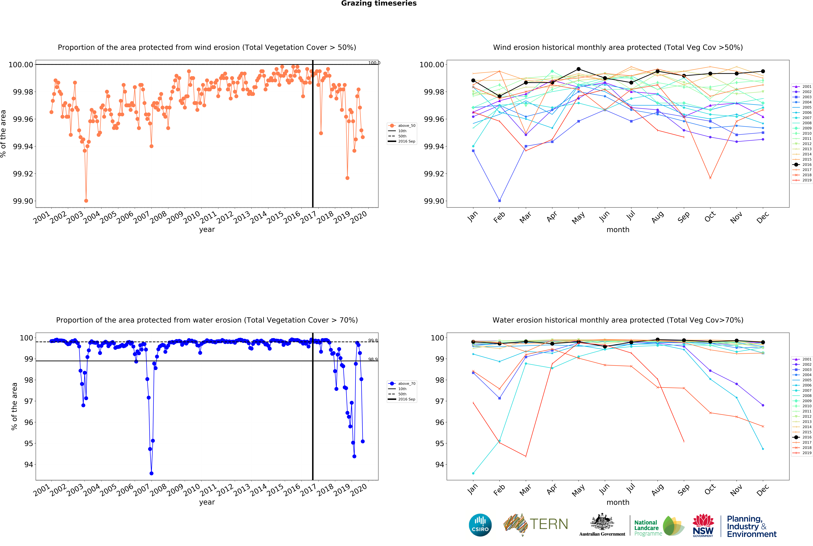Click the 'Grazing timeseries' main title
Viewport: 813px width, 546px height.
click(x=379, y=4)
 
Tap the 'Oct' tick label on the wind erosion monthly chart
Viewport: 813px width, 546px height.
click(x=710, y=217)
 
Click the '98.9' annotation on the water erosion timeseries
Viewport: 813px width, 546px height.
click(x=373, y=359)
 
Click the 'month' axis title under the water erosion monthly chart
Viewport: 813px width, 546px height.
click(x=618, y=502)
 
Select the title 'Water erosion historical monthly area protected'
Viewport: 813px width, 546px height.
click(x=618, y=320)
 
